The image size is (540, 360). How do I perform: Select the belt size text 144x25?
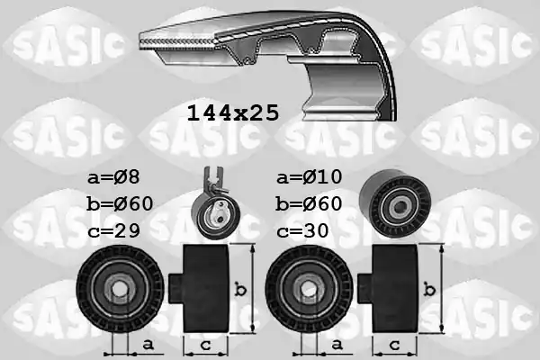pos(232,113)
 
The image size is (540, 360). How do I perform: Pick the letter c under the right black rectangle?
pos(395,345)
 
